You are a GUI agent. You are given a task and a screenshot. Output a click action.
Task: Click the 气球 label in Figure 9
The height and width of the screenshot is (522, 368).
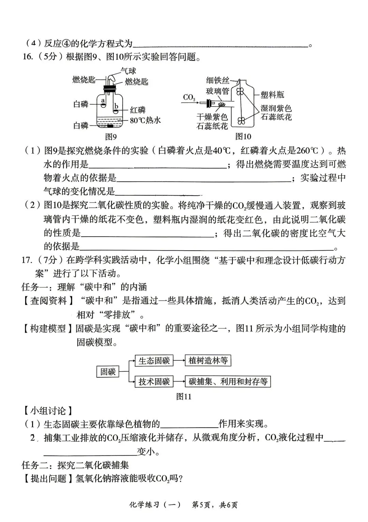point(128,71)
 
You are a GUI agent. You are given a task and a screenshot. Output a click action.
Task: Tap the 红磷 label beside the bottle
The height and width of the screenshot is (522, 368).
point(138,110)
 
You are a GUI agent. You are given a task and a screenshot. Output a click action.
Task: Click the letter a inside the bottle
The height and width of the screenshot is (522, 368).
point(102,101)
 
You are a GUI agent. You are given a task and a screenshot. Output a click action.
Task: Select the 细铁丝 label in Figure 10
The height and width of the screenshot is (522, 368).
point(218,80)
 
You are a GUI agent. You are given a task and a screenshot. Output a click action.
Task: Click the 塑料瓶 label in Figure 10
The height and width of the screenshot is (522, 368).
point(273,94)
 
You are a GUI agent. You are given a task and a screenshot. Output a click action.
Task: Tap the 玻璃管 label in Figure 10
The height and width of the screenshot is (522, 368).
point(218,91)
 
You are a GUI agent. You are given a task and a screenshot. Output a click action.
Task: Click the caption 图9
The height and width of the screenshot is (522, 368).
point(111,137)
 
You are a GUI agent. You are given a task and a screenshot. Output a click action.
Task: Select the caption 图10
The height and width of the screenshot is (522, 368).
point(243,137)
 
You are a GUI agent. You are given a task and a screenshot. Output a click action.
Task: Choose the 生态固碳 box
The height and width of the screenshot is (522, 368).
point(154,361)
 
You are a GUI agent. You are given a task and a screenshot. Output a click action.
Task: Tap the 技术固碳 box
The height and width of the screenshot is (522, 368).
point(154,382)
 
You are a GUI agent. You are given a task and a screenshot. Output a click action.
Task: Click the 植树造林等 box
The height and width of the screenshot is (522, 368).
point(208,361)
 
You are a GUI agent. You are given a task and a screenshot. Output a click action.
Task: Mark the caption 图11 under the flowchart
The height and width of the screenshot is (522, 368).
point(184,397)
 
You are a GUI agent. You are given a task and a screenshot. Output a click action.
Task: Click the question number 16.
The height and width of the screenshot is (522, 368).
point(28,57)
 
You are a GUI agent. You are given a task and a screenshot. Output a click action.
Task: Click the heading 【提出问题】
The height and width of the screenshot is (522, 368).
point(48,478)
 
